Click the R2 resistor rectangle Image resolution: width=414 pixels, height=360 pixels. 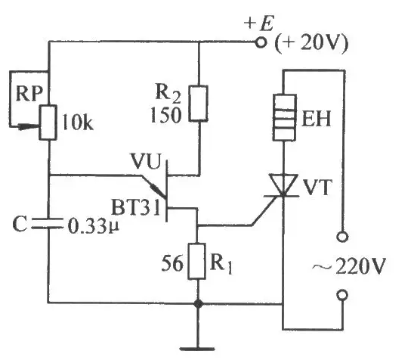(198, 104)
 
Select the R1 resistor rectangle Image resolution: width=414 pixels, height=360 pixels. (197, 261)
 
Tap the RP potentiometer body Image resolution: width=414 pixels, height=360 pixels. (48, 122)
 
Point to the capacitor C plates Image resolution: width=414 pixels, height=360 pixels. (48, 223)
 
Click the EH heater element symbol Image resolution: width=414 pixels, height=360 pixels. (284, 117)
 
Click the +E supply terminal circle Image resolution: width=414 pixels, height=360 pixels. (261, 42)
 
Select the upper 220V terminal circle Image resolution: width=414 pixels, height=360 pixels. (342, 236)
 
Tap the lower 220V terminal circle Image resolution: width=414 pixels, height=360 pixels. (342, 295)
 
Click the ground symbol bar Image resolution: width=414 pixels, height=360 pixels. (197, 349)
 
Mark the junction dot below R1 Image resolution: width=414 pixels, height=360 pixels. (198, 304)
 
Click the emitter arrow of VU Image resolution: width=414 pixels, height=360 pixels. (158, 190)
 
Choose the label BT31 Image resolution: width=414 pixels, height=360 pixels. (136, 207)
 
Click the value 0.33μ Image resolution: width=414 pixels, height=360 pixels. (94, 225)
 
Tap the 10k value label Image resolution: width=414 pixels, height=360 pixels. (78, 123)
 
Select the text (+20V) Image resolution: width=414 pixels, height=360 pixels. (311, 42)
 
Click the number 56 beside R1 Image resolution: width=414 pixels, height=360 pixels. (172, 262)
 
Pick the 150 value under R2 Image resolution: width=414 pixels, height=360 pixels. (166, 115)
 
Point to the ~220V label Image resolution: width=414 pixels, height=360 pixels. (349, 265)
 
